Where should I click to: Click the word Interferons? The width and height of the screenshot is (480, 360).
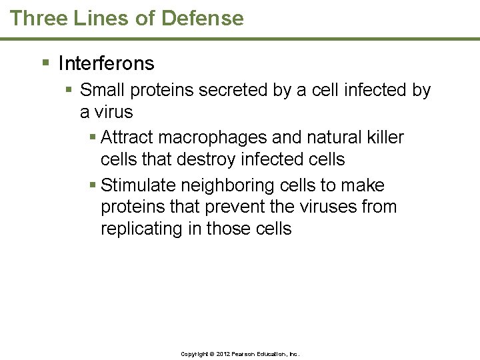tap(106, 63)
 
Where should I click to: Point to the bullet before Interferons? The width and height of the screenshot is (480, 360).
tap(45, 63)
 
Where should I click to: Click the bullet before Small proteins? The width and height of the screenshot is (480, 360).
tap(69, 89)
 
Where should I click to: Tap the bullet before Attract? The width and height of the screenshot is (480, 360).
tap(92, 137)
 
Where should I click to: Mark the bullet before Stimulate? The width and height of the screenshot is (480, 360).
tap(92, 185)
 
